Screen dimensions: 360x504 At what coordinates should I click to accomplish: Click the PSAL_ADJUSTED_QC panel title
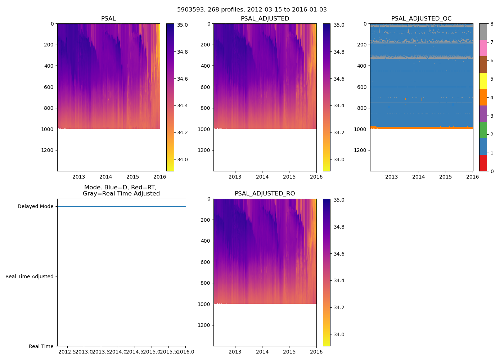[x=421, y=19]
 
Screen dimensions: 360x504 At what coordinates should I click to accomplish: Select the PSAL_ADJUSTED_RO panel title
[x=265, y=194]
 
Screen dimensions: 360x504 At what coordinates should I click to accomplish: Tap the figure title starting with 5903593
[x=252, y=10]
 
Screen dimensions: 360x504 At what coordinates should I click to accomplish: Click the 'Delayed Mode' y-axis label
[x=35, y=206]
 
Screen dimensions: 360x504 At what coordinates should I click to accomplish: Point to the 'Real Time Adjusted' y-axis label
[x=30, y=276]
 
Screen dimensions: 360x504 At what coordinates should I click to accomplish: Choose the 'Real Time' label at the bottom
[x=41, y=346]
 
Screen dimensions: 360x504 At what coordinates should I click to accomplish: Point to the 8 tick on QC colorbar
[x=492, y=24]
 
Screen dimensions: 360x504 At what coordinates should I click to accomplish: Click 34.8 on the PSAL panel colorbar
[x=183, y=52]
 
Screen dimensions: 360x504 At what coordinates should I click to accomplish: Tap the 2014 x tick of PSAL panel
[x=106, y=177]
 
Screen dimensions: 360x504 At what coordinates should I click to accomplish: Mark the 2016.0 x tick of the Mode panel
[x=185, y=352]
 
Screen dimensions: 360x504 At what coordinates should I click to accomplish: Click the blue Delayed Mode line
[x=121, y=206]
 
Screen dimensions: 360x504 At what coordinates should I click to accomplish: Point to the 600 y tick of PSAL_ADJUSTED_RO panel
[x=205, y=262]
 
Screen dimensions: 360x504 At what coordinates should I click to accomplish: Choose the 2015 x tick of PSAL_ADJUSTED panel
[x=289, y=177]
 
